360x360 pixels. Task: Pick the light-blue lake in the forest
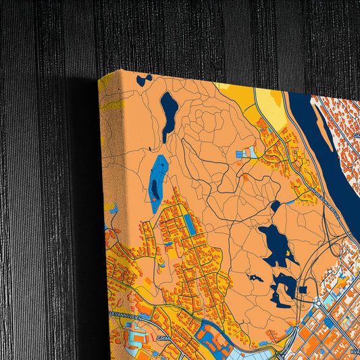click(158, 180)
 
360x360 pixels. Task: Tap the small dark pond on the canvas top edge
click(143, 80)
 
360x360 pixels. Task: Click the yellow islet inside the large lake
click(289, 254)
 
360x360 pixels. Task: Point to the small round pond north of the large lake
click(275, 206)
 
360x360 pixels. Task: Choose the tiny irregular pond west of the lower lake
click(255, 278)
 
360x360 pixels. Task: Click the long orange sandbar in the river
click(324, 136)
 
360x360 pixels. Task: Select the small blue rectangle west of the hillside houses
click(241, 154)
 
